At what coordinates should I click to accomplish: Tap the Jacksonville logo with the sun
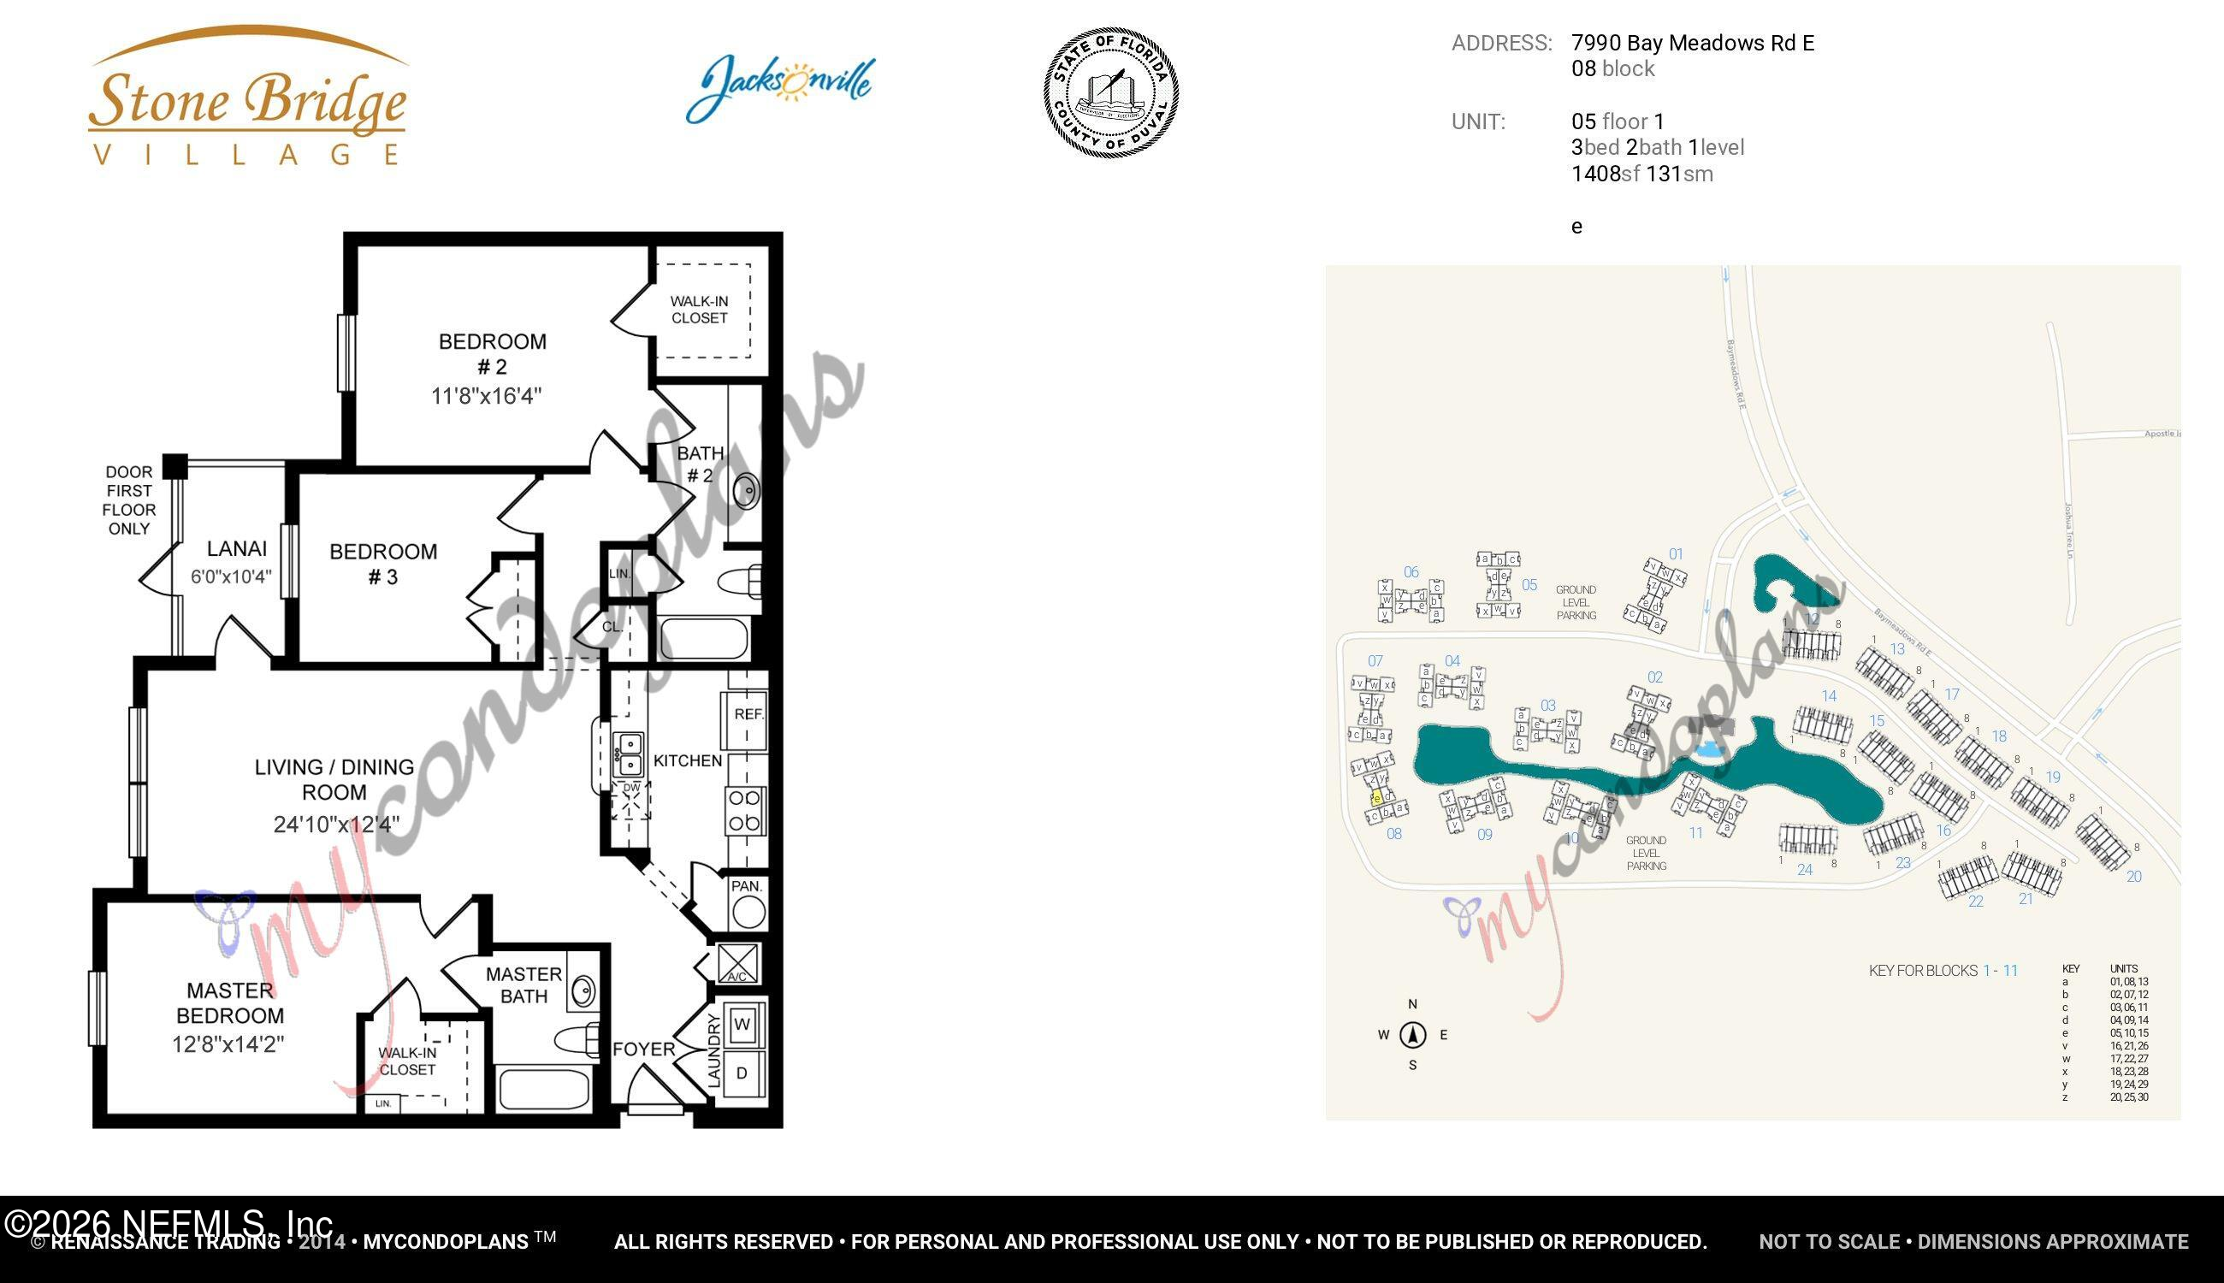[780, 86]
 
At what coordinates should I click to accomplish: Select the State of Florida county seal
[1111, 92]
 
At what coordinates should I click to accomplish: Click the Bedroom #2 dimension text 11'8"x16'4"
[486, 396]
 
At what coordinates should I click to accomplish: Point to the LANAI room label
[236, 549]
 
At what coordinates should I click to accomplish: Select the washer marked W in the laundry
[742, 1024]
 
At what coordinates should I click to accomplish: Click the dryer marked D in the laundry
[742, 1073]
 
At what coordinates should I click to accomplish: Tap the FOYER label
[643, 1049]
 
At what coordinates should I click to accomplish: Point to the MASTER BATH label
[523, 985]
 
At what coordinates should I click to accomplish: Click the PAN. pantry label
[748, 885]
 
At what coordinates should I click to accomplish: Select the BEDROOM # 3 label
[382, 564]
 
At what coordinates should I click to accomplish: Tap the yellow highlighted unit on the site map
[1376, 798]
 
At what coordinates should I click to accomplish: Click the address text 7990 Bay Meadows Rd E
[1692, 43]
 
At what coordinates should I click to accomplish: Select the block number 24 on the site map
[1805, 870]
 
